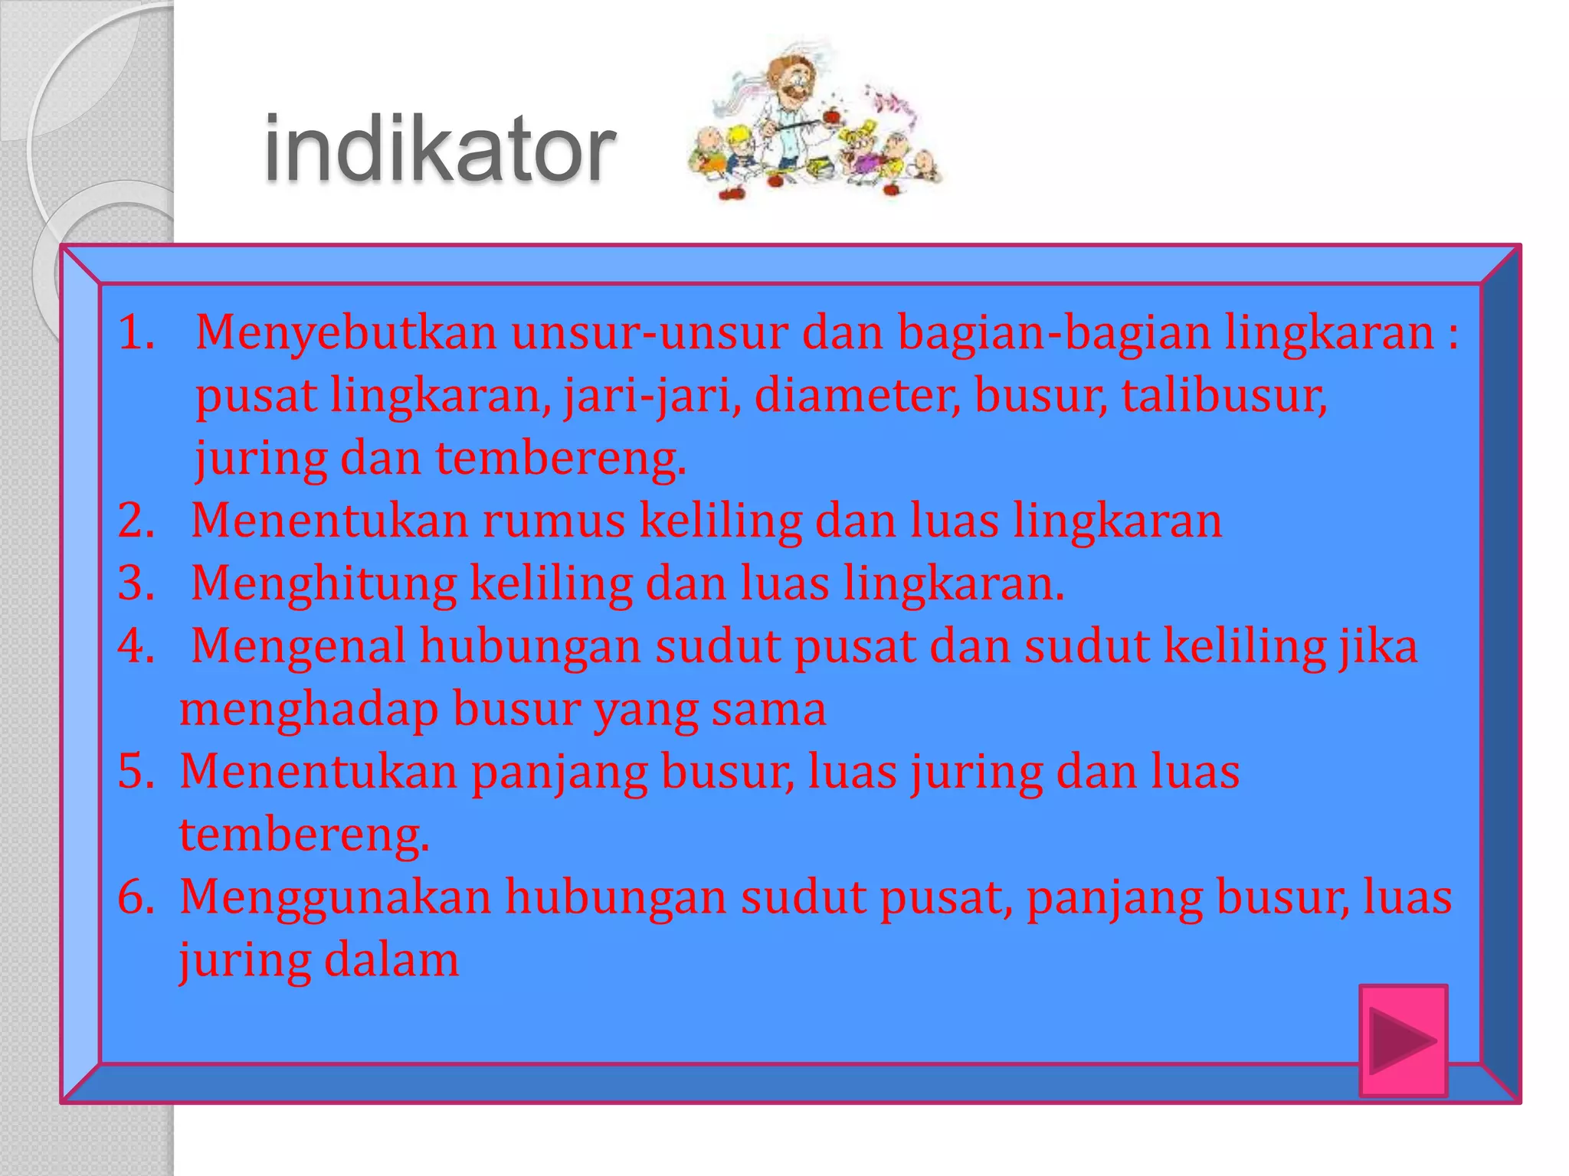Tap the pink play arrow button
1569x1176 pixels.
(1403, 1040)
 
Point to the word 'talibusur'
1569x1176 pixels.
(1223, 396)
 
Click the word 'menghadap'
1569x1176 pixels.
(309, 710)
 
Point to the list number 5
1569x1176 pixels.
(136, 772)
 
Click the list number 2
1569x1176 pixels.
(136, 521)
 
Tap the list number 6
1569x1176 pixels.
(136, 897)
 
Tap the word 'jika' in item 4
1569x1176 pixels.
(1378, 647)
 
